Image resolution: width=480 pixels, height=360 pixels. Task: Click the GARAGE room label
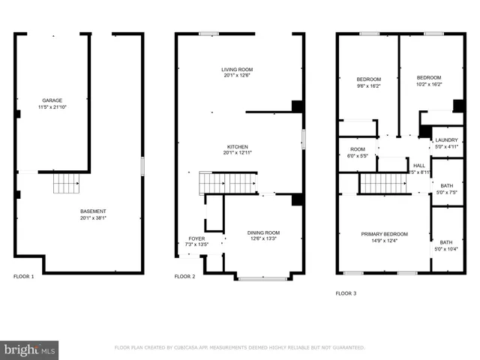(52, 100)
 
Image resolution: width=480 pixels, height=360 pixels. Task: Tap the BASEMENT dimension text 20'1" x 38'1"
(94, 218)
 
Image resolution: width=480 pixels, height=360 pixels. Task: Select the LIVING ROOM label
(237, 69)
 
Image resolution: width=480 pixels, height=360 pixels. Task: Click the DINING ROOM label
(263, 232)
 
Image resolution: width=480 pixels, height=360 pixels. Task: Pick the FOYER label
(196, 238)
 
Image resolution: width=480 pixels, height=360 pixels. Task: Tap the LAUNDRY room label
(446, 140)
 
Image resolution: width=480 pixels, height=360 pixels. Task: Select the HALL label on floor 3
(419, 166)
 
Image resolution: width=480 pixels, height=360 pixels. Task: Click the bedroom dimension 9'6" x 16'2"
(368, 85)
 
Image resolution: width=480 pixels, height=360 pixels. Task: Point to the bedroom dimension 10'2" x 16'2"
(429, 85)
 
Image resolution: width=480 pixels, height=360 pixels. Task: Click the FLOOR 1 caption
(24, 277)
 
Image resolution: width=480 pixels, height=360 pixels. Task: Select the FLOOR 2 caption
(185, 277)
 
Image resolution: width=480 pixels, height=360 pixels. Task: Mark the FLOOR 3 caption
(346, 293)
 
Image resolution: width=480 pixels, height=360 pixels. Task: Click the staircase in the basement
(65, 183)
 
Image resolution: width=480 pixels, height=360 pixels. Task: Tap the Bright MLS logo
(30, 349)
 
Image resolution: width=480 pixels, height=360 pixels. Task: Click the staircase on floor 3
(384, 183)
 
